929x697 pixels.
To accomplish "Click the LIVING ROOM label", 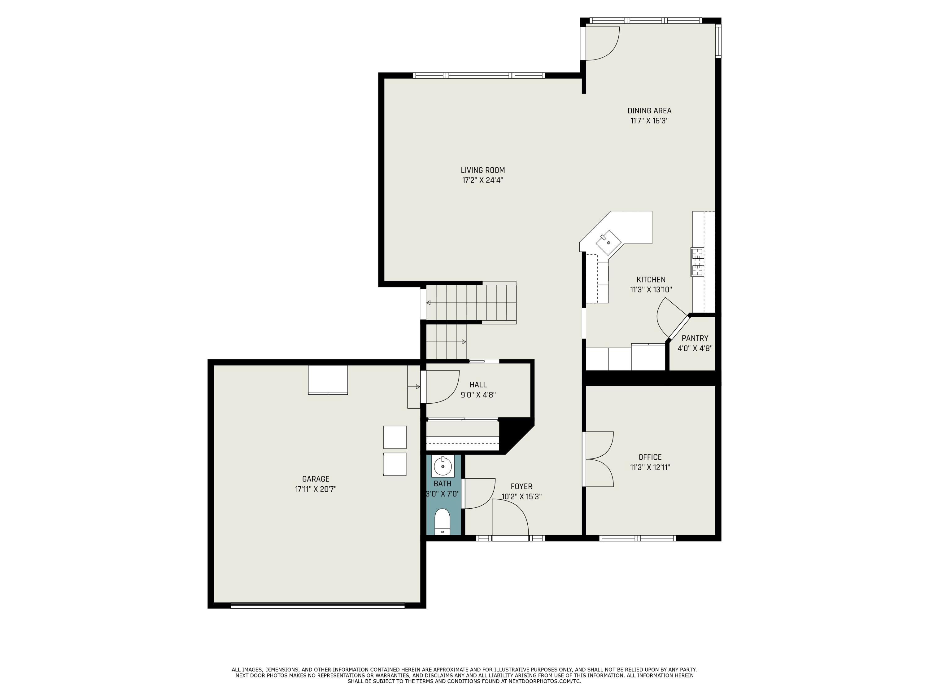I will pos(482,170).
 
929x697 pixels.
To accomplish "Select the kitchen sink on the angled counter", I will pos(608,243).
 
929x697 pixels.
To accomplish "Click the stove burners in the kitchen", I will pos(697,262).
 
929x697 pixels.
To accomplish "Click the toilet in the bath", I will pos(442,521).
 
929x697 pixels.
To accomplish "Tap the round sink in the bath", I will pos(443,466).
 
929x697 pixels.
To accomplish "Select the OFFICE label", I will pos(650,457).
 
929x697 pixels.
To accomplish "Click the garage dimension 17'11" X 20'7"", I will pos(316,489).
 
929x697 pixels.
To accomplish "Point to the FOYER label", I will pos(521,487).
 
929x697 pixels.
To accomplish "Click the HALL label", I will pos(478,384).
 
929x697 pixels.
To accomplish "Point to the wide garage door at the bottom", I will pos(317,605).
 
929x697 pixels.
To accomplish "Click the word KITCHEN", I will pos(651,280).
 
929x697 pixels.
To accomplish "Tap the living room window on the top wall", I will pos(479,76).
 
